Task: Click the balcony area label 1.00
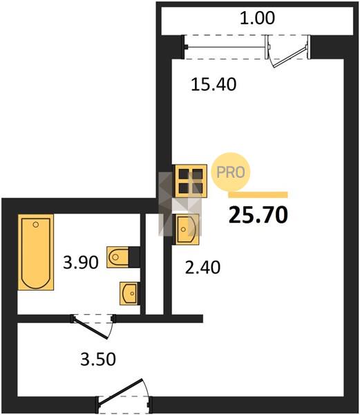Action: [257, 19]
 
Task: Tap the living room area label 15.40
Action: [214, 84]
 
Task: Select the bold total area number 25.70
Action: [258, 214]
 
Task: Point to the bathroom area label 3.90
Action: [81, 263]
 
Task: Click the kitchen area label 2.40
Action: [202, 267]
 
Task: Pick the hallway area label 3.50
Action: [98, 360]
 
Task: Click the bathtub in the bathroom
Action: [36, 252]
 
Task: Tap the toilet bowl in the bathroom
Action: [117, 257]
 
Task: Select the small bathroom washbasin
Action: [129, 293]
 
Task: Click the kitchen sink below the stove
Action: [186, 229]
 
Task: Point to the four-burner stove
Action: [190, 181]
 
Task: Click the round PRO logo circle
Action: [231, 172]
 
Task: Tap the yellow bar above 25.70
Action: [258, 195]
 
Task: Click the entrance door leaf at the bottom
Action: [120, 392]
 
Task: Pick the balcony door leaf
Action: [290, 57]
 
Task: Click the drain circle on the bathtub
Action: [36, 225]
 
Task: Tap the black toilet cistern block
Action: [134, 257]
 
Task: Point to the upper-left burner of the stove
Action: [183, 174]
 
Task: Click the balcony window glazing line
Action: [226, 47]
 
